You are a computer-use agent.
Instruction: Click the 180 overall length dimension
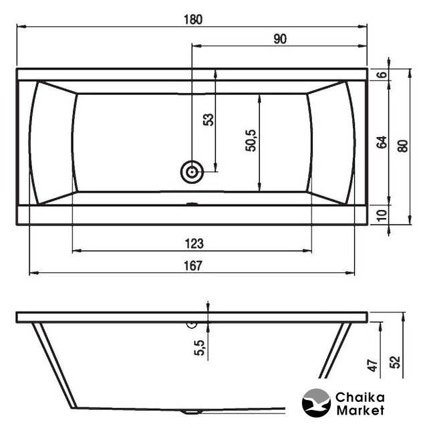point(193,19)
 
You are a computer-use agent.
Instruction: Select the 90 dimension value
point(280,39)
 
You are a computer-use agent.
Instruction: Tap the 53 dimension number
point(208,120)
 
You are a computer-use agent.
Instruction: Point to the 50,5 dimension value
point(251,140)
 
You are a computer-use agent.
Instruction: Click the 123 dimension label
point(194,243)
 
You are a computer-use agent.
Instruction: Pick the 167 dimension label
point(193,265)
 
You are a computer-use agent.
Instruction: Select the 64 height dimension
point(382,142)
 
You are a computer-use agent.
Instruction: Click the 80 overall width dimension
point(404,146)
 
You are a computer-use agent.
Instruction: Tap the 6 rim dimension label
point(383,74)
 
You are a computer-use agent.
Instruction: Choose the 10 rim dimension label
point(382,215)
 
